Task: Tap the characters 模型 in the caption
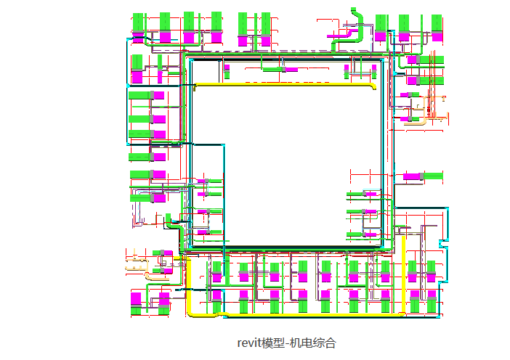274,343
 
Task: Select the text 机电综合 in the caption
312,343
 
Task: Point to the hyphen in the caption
286,344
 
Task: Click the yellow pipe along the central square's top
285,84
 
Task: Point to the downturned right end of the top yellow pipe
374,87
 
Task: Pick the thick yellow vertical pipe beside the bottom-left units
188,286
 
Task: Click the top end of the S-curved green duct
354,9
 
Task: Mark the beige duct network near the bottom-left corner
146,268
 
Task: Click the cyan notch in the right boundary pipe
443,244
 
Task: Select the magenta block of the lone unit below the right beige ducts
413,176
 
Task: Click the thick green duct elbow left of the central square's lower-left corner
172,224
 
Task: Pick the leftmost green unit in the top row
138,22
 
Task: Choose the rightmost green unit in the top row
437,22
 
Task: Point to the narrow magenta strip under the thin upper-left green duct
160,77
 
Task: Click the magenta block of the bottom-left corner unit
136,299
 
